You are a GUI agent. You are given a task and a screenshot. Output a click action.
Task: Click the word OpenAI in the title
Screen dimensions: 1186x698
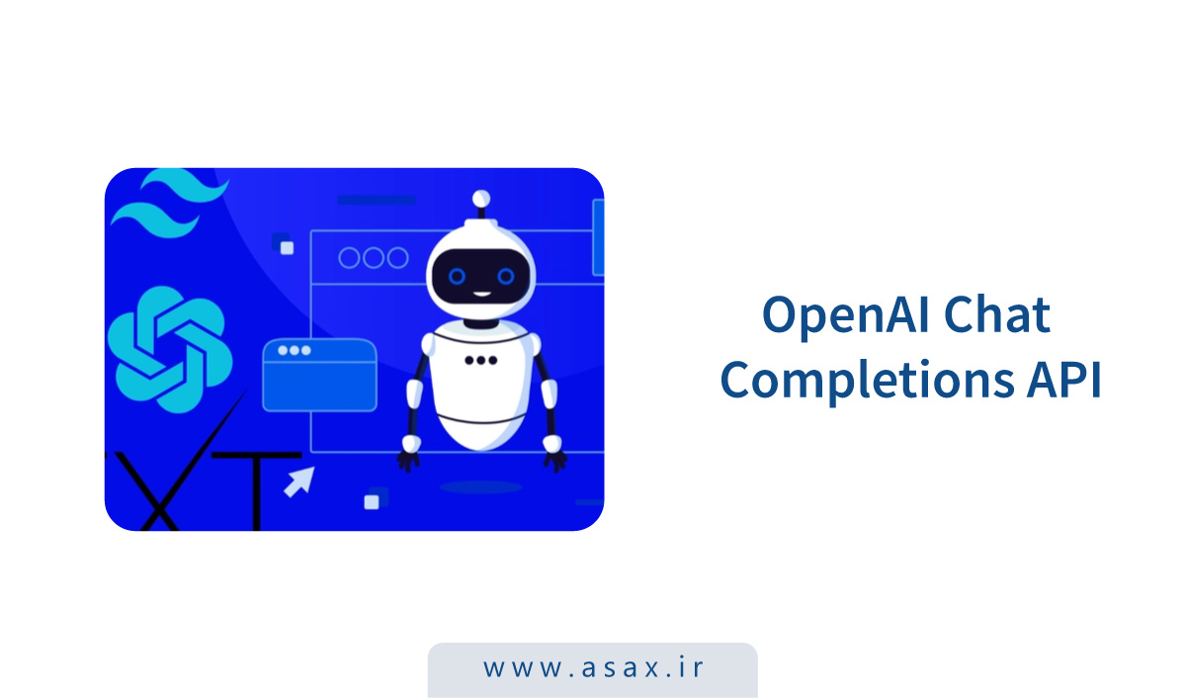click(x=846, y=316)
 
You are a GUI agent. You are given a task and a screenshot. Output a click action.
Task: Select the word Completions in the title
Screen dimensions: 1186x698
click(x=868, y=381)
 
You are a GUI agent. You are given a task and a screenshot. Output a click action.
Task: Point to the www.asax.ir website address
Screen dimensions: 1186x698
click(x=593, y=667)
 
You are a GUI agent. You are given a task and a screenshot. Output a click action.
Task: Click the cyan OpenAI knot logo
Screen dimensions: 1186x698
click(x=170, y=350)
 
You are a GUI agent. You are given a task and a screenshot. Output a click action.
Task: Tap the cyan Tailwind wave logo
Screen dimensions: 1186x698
click(x=170, y=203)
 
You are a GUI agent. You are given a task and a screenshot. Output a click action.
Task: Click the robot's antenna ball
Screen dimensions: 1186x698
click(x=480, y=199)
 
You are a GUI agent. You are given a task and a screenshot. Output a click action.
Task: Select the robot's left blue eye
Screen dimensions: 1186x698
click(x=457, y=276)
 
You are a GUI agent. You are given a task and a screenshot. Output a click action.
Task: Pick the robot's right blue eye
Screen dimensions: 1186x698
click(x=505, y=276)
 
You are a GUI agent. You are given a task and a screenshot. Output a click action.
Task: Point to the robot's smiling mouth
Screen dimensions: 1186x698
click(x=480, y=294)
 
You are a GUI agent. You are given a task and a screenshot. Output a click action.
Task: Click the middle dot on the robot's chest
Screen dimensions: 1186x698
click(x=480, y=361)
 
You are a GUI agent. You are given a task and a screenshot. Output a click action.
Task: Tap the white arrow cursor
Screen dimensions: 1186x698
click(x=299, y=481)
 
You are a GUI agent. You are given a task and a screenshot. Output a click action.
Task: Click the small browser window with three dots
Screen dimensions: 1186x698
click(x=320, y=375)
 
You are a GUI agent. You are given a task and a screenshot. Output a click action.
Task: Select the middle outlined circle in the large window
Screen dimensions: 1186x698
click(x=374, y=258)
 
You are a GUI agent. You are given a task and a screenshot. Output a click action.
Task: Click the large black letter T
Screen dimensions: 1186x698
click(x=257, y=490)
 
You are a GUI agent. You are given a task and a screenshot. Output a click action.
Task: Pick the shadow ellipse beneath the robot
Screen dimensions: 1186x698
click(x=480, y=487)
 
